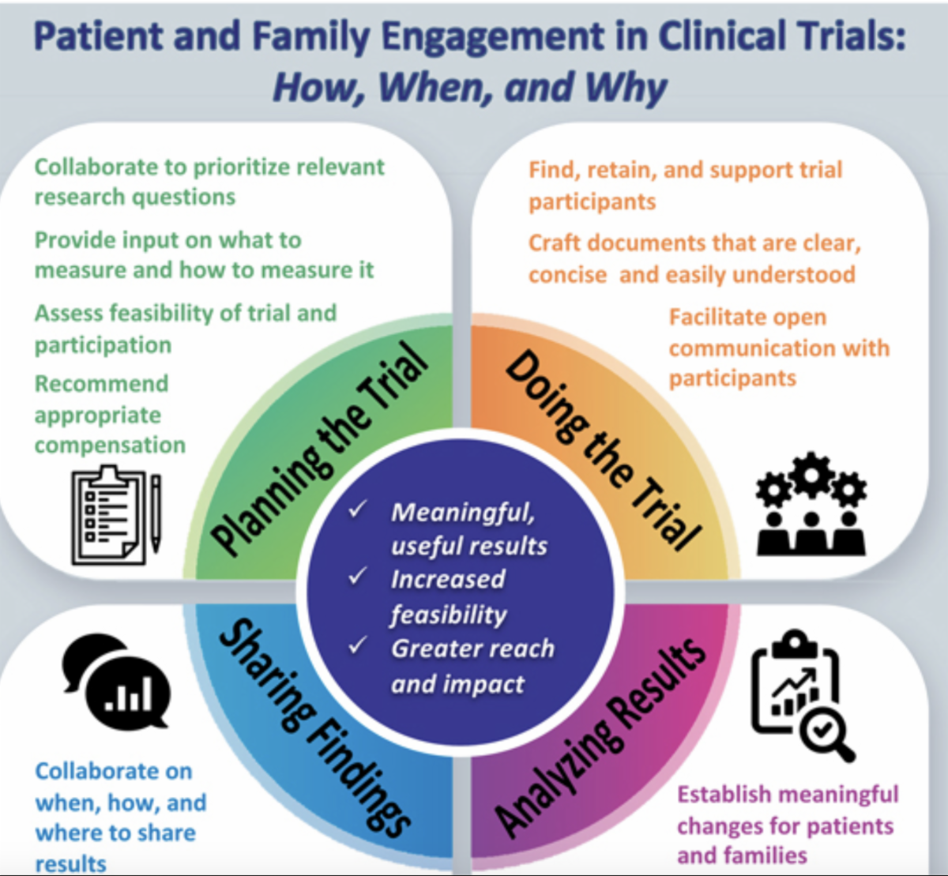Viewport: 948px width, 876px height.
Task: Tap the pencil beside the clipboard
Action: coord(156,513)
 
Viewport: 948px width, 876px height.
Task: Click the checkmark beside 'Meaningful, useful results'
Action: coord(358,509)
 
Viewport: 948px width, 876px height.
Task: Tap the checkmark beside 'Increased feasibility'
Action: coord(358,576)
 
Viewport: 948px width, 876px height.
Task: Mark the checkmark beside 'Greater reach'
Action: coord(358,645)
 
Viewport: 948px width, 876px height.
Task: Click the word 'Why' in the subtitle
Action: coord(628,87)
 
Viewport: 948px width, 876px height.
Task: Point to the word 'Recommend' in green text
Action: coord(101,384)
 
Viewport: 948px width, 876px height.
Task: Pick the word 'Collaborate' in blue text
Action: coord(114,771)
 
